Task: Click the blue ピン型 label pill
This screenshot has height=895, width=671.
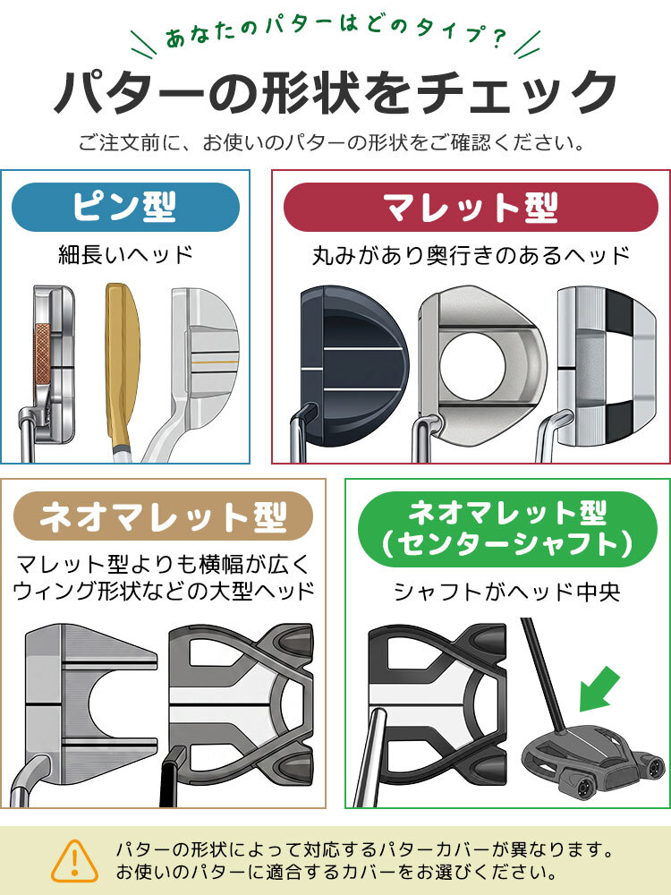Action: point(125,207)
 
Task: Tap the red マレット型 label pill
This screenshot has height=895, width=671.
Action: point(471,207)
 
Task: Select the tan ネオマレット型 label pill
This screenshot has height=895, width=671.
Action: point(163,516)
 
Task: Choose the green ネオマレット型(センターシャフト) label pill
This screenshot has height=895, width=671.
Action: point(507,529)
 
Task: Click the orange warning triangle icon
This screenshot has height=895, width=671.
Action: point(75,861)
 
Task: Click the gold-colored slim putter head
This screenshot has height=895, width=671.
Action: point(122,365)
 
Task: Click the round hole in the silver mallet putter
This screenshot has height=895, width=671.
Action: point(472,365)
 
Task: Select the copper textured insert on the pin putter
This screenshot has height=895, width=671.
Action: point(43,354)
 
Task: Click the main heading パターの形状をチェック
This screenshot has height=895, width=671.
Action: point(335,91)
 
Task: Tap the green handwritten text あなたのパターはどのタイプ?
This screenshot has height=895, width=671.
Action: point(335,36)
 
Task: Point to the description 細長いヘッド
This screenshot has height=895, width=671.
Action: point(125,254)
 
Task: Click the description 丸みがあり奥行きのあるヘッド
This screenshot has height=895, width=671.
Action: point(471,255)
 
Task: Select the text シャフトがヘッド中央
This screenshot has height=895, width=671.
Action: point(507,592)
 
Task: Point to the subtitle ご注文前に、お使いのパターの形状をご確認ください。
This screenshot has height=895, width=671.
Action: point(332,142)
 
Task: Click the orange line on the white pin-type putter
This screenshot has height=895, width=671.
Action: point(214,362)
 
